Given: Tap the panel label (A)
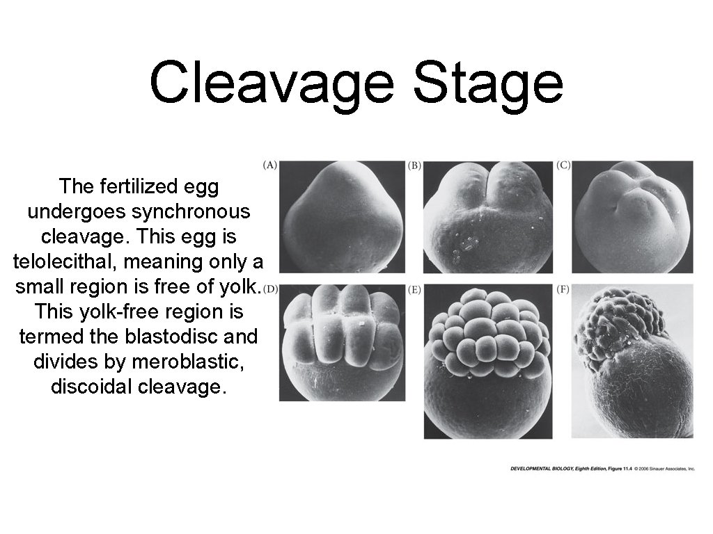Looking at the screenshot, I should (270, 165).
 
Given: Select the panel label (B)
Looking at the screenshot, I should (414, 165).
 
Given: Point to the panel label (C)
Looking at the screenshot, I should (563, 165).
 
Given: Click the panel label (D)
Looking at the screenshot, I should (270, 289).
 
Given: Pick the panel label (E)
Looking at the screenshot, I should (414, 289).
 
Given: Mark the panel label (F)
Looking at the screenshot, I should (563, 289).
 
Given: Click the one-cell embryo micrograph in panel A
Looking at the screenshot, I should (342, 216).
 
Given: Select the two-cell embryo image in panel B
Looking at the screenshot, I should (488, 216).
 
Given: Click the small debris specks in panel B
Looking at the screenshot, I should (467, 243).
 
